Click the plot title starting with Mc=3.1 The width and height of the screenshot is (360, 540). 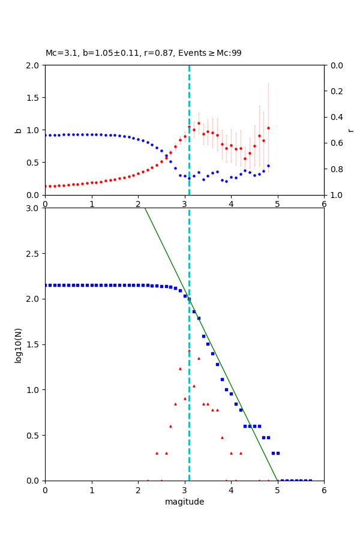coord(143,53)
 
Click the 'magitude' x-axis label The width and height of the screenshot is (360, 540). coord(184,502)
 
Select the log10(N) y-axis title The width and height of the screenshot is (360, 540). coord(18,344)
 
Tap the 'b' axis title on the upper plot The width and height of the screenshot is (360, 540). coord(18,130)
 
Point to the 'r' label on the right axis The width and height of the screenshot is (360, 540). coord(350,130)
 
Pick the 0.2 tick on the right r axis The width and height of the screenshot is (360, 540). coord(337,91)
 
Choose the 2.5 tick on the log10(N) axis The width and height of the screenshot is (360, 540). coord(32,254)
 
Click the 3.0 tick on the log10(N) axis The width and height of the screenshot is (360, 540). coord(32,208)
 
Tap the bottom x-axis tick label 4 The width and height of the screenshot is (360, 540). coord(231,490)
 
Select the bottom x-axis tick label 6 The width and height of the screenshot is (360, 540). coord(324,490)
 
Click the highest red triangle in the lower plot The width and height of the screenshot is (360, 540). coord(189,350)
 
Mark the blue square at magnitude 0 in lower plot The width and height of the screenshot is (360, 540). coord(46,285)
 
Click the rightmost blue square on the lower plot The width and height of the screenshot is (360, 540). coord(310,480)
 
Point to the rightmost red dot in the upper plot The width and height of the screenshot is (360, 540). coord(268,128)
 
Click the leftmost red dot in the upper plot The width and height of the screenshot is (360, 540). coord(46,186)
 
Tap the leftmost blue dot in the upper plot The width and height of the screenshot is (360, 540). coord(46,135)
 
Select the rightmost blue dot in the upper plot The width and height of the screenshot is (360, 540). coord(268,166)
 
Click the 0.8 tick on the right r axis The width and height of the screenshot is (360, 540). coord(337,169)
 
